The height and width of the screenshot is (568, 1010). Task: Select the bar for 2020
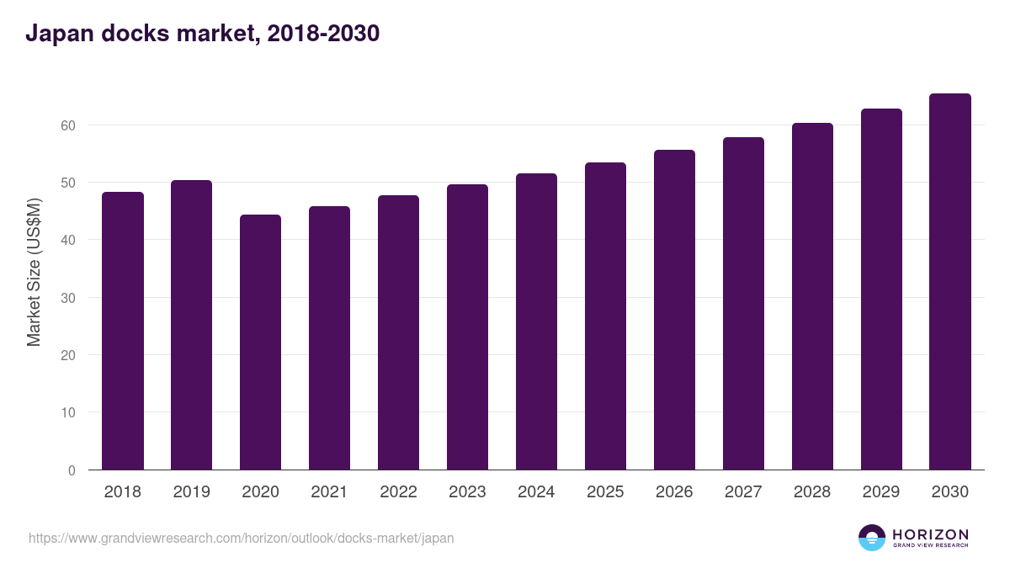point(261,342)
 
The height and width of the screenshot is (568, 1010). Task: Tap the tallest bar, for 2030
point(950,282)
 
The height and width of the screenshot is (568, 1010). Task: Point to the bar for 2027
point(743,304)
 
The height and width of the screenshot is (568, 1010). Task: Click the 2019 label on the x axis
point(192,492)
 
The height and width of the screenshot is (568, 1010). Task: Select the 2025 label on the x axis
point(605,492)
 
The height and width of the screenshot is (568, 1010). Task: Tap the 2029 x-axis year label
point(881,492)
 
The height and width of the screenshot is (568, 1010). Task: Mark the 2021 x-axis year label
point(329,492)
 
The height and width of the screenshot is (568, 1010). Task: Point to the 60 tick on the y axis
point(67,125)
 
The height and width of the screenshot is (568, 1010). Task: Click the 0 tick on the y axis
point(72,470)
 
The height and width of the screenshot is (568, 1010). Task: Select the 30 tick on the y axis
point(67,298)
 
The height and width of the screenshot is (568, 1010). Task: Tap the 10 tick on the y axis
point(67,412)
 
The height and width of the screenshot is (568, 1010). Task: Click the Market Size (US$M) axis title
point(34,272)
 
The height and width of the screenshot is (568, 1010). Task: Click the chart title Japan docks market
point(202,34)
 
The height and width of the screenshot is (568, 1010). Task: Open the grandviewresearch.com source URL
point(241,538)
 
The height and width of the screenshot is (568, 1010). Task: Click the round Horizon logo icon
point(872,538)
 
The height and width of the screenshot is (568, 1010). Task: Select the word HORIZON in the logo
point(930,534)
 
